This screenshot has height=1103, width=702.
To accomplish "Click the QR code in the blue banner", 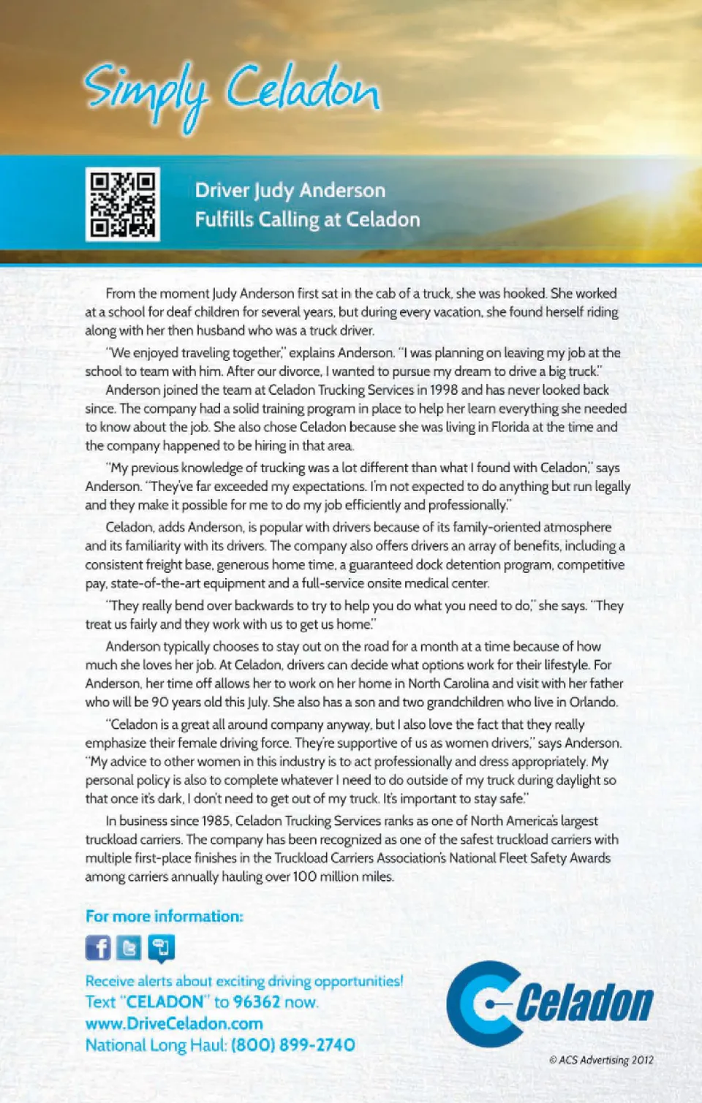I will click(122, 205).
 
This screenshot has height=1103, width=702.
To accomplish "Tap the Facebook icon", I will click(98, 948).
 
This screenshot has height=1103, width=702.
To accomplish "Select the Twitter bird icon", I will click(129, 948).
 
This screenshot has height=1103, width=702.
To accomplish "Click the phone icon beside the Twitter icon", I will click(161, 948).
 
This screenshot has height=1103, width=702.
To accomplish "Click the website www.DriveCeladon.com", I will click(174, 1023).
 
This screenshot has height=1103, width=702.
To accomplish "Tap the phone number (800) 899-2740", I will click(293, 1045).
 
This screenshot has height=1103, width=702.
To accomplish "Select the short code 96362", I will click(257, 1002).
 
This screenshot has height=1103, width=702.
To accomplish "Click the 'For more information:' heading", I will click(164, 917).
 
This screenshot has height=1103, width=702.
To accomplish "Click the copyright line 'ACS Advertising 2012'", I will click(602, 1060).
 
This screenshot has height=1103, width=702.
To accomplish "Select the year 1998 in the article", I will click(444, 390).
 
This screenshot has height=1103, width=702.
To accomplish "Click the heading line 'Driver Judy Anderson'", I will click(290, 191).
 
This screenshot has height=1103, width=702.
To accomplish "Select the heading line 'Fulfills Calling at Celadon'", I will click(307, 219).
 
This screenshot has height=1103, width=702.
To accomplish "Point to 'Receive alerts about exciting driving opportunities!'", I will click(244, 981).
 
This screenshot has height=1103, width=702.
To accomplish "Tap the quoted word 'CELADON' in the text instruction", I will click(165, 1002).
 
